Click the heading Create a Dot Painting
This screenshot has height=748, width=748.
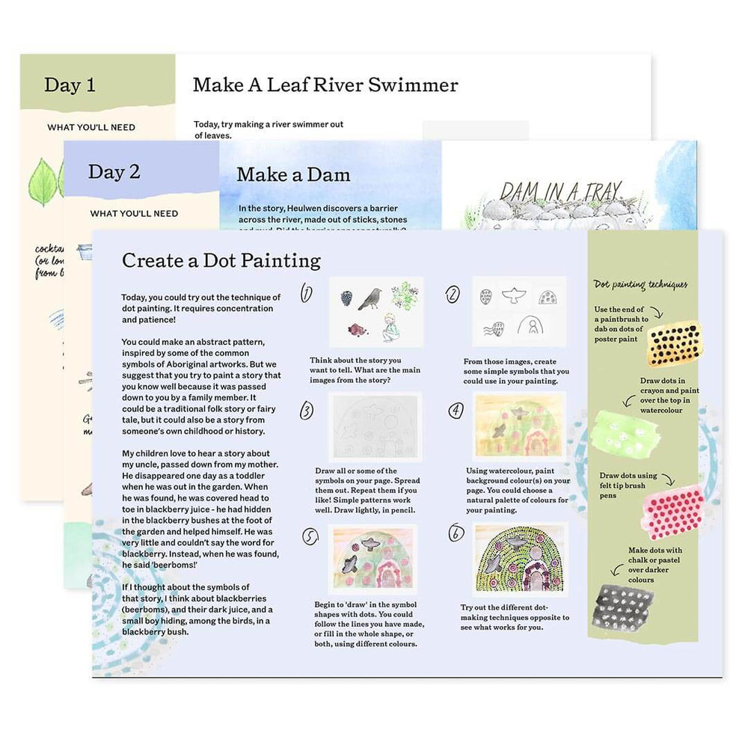pyautogui.click(x=221, y=260)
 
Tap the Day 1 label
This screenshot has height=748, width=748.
pyautogui.click(x=70, y=85)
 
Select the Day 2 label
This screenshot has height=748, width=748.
pyautogui.click(x=114, y=171)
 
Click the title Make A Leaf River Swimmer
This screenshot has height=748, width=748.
pyautogui.click(x=325, y=85)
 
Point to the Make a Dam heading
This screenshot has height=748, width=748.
pyautogui.click(x=293, y=175)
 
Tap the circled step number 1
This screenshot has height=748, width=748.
pyautogui.click(x=307, y=293)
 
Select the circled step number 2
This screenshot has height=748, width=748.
pyautogui.click(x=453, y=295)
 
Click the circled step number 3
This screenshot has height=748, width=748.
pyautogui.click(x=307, y=411)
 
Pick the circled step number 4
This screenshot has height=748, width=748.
pyautogui.click(x=456, y=410)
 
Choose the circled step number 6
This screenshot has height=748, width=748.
pyautogui.click(x=455, y=533)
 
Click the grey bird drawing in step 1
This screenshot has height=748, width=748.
pyautogui.click(x=370, y=298)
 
